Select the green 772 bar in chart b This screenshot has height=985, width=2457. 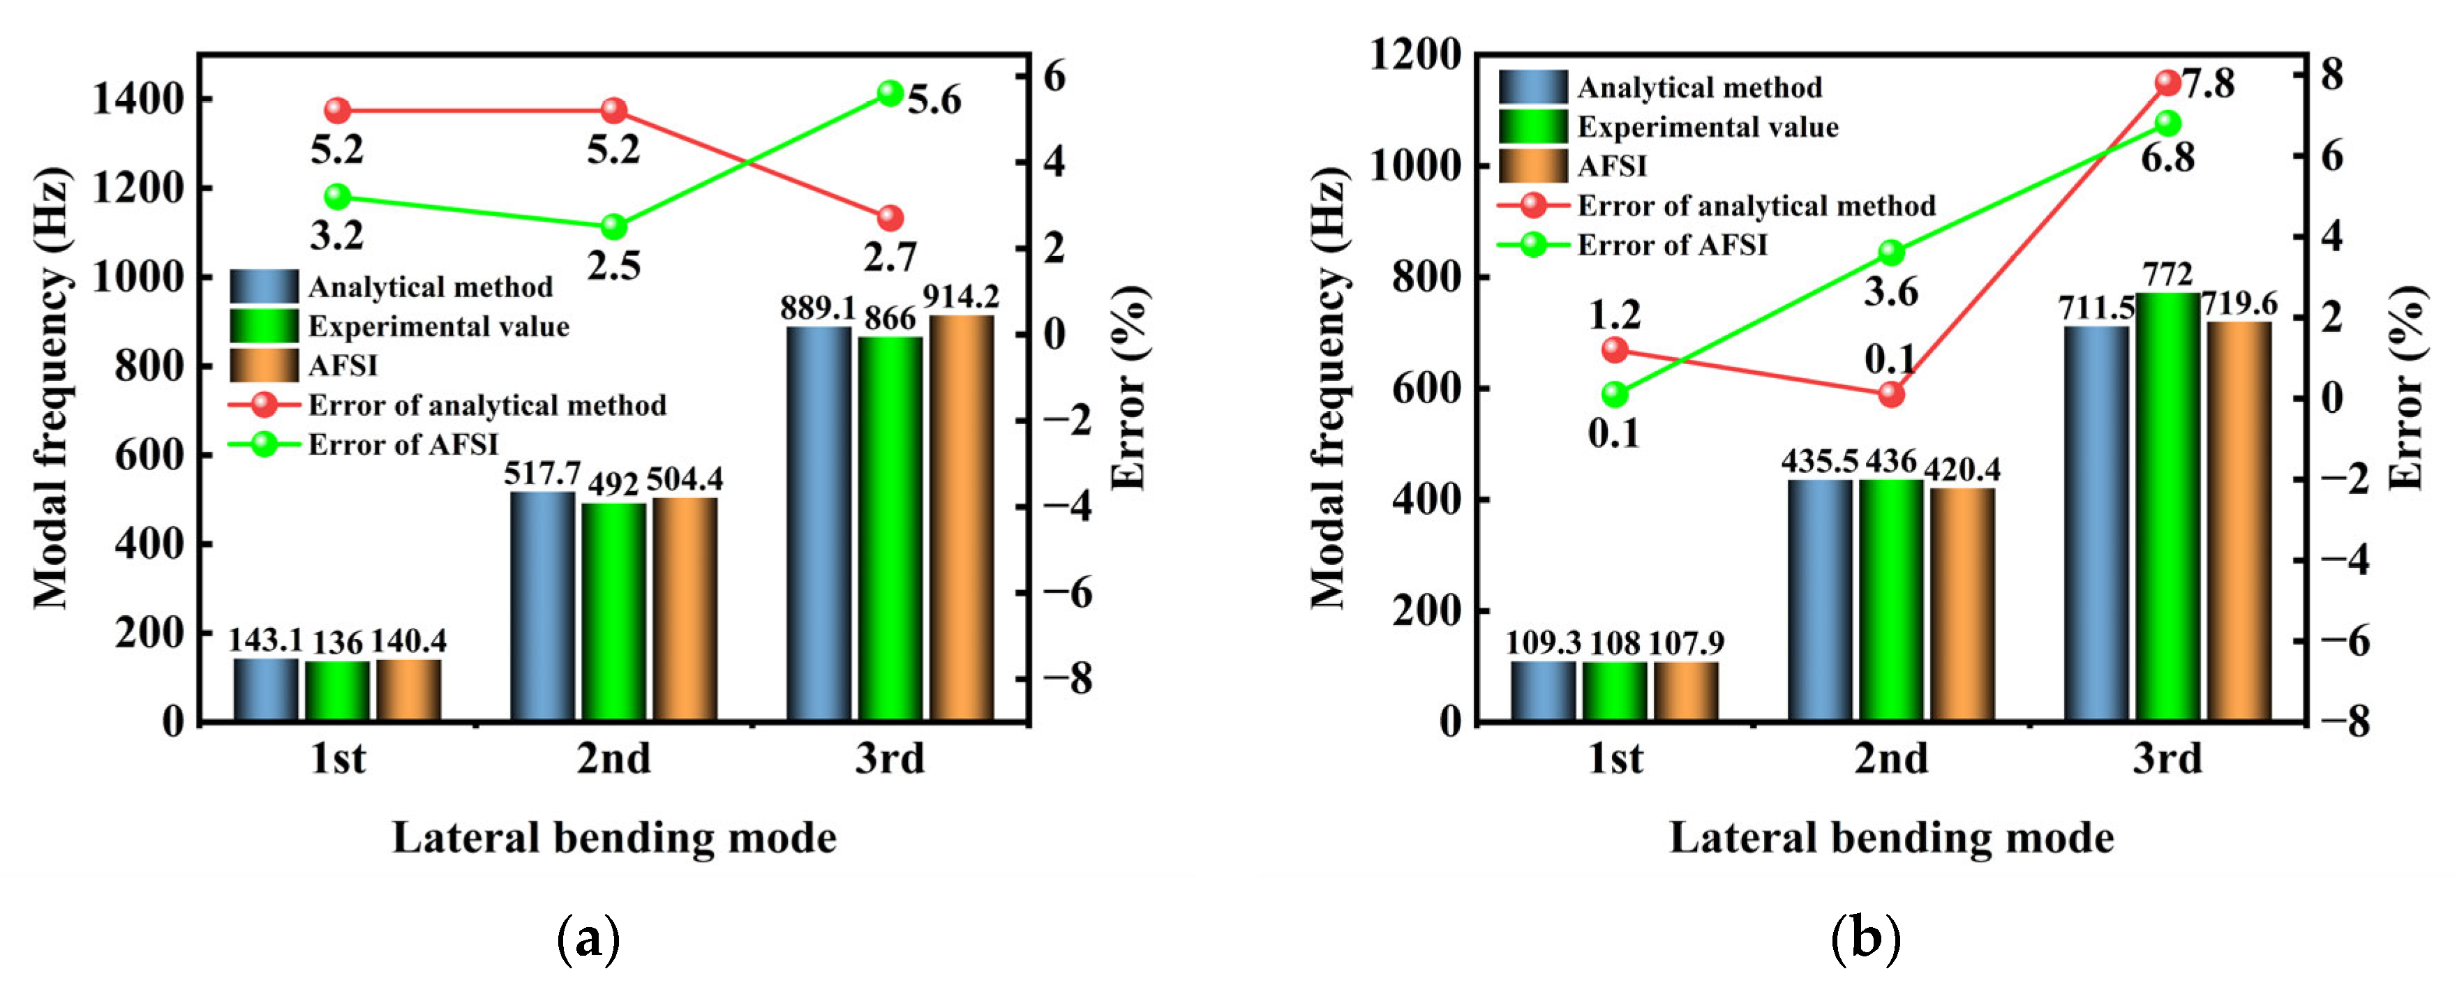point(2167,505)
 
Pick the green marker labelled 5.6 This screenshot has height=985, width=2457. point(890,93)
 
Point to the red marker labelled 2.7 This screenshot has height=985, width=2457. point(890,218)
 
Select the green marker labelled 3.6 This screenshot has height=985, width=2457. point(1891,253)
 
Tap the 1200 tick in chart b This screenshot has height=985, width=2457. point(1415,55)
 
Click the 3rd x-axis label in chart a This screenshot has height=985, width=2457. point(890,759)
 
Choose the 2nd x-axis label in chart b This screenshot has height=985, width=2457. point(1891,759)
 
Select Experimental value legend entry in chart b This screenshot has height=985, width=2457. point(1708,127)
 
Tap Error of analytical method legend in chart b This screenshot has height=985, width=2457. point(1756,206)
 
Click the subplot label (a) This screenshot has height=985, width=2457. point(588,939)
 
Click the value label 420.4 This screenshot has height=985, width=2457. point(1962,469)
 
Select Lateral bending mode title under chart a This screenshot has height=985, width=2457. point(614,838)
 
